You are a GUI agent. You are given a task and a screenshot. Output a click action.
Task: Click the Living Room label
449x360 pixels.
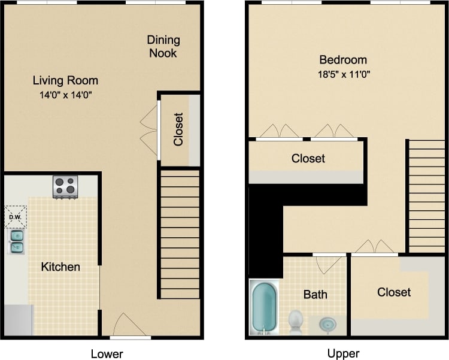(65, 80)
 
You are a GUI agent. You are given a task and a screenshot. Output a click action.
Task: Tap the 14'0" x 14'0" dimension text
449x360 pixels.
(65, 95)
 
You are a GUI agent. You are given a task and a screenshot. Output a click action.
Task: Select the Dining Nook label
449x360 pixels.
(163, 47)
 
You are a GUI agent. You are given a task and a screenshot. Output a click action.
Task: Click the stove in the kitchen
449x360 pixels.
(66, 187)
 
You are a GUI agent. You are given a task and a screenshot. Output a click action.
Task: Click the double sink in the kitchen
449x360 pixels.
(16, 240)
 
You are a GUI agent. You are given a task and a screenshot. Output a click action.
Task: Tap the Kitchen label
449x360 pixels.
(60, 267)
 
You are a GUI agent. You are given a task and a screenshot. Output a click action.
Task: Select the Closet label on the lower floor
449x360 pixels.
(178, 129)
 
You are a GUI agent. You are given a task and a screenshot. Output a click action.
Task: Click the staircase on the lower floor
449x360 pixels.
(180, 234)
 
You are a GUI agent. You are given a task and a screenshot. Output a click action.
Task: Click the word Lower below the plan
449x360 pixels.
(107, 353)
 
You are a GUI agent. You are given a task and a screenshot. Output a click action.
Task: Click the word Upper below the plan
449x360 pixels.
(343, 353)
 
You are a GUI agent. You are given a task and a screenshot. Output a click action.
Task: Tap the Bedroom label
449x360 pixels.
(342, 60)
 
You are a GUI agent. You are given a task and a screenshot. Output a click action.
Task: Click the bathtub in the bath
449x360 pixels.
(263, 308)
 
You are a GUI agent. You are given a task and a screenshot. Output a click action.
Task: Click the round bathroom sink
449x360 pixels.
(327, 324)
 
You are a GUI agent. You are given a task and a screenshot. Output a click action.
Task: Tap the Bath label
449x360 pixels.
(315, 295)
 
